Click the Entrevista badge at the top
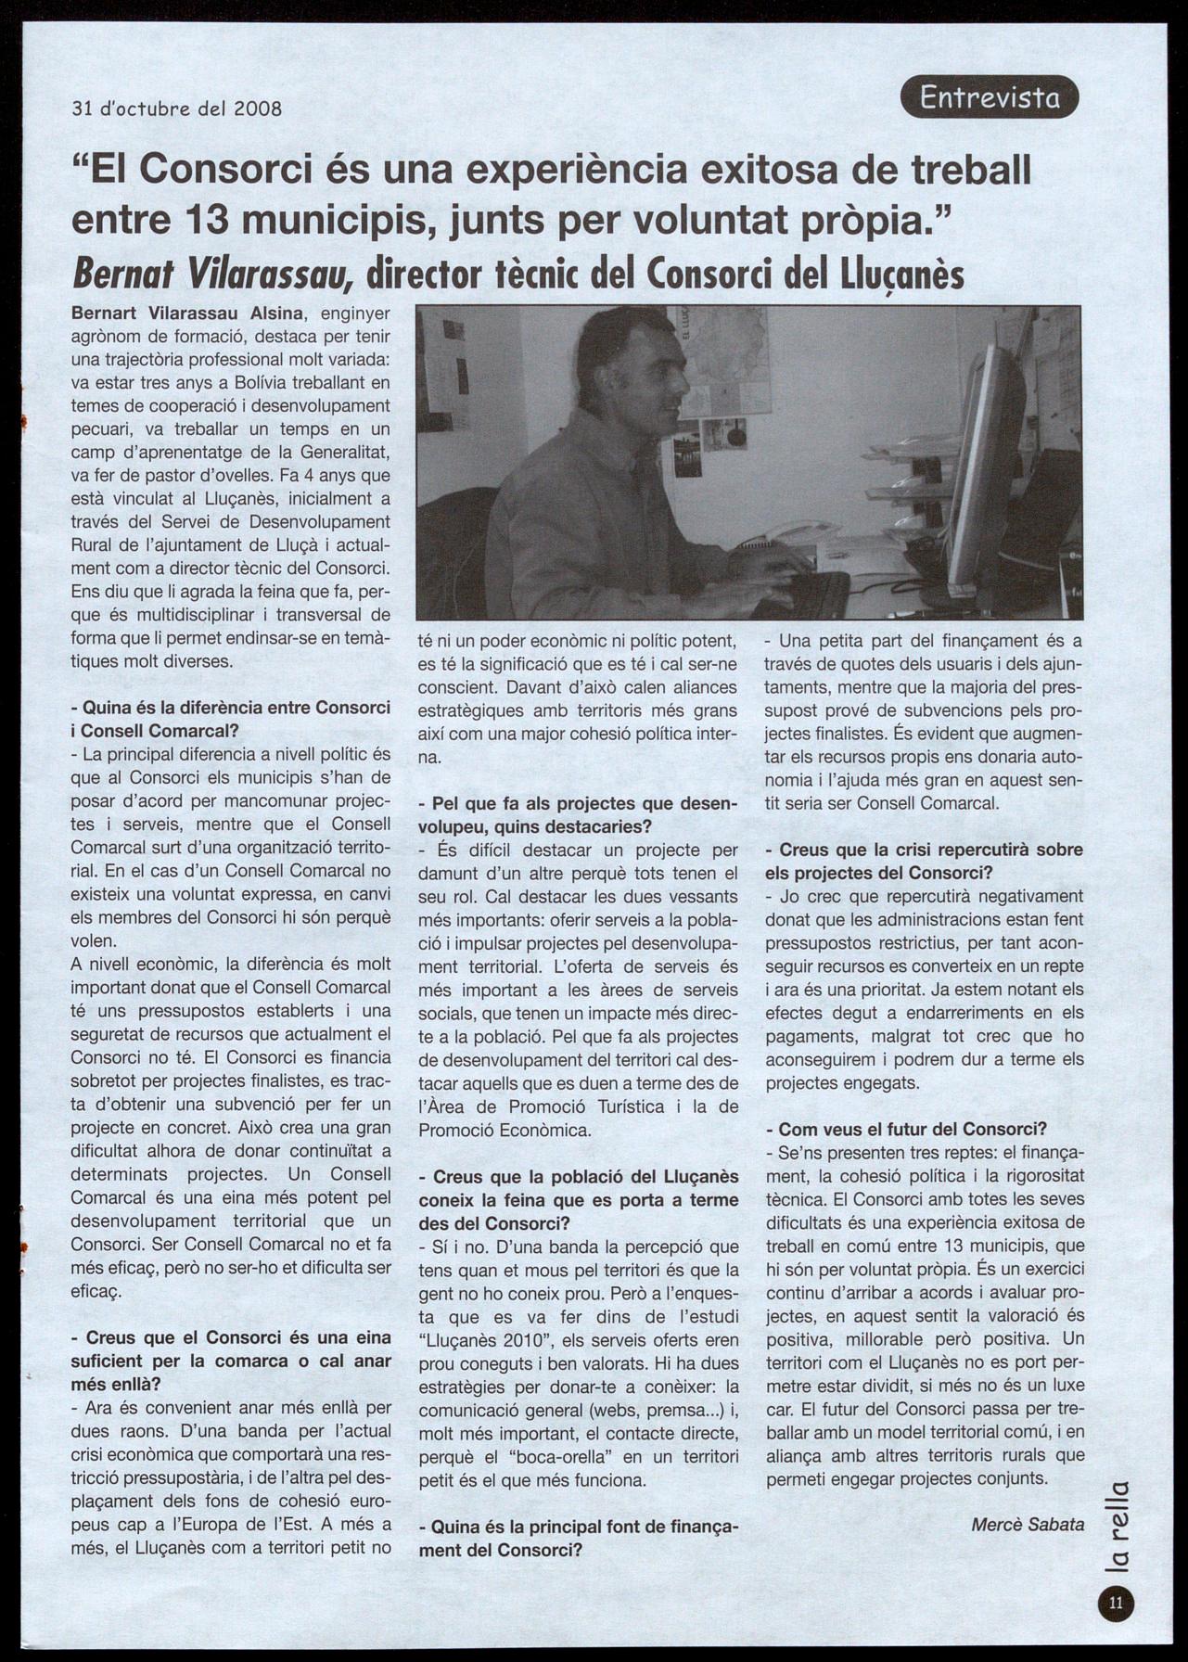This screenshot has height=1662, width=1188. (x=989, y=96)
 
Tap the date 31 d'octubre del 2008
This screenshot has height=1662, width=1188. (x=177, y=109)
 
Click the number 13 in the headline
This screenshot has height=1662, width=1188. (x=212, y=219)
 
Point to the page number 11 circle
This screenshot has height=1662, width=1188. (x=1116, y=1600)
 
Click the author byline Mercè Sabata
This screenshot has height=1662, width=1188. (x=1027, y=1524)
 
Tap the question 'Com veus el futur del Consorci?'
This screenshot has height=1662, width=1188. (x=913, y=1129)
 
